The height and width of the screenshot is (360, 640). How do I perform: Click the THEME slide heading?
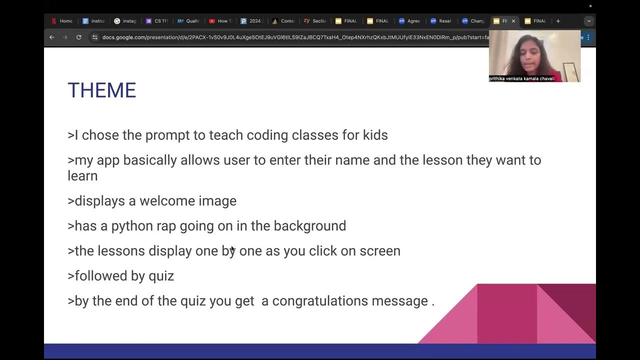coord(101,90)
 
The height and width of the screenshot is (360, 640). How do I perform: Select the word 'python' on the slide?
coord(131,226)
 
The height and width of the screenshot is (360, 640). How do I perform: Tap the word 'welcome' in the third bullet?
coord(167,201)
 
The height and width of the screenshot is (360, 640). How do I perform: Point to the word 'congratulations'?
coord(350,301)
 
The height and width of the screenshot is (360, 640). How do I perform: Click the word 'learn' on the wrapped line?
coord(82,176)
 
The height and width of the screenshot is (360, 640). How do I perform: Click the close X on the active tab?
coord(513,21)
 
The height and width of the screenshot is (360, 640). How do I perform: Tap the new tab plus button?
coord(558,21)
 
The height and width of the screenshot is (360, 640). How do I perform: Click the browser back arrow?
coord(51,37)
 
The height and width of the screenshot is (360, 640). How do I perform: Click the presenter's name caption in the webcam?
coord(521,78)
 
